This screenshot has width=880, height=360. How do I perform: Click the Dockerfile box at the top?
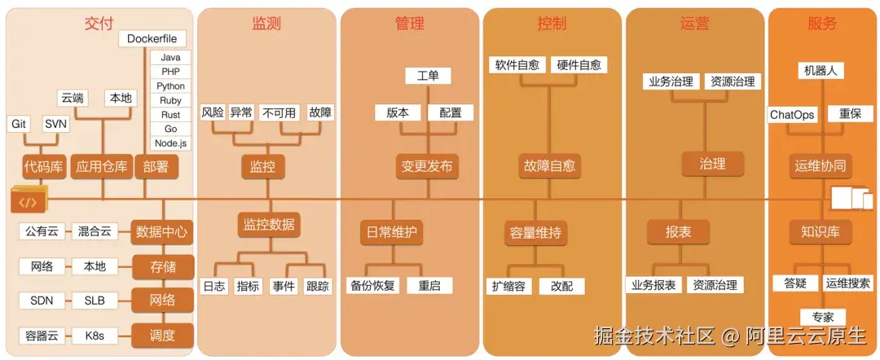(152, 39)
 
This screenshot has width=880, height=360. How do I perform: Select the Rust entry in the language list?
(171, 115)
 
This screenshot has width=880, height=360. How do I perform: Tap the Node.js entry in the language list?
(171, 143)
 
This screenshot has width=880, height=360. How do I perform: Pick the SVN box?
(56, 124)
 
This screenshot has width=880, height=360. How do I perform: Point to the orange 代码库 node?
(43, 168)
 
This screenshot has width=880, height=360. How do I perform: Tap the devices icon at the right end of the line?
(851, 199)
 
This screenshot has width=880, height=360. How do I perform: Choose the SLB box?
(95, 300)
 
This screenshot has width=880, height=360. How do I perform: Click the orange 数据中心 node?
(163, 231)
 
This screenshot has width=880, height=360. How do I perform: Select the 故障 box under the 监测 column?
(320, 113)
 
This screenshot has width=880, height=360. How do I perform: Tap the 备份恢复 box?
(373, 286)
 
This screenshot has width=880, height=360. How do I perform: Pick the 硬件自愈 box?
(579, 64)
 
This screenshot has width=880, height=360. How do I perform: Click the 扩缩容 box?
(512, 286)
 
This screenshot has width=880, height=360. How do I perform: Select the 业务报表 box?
(653, 285)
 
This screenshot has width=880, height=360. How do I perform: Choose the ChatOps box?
(793, 115)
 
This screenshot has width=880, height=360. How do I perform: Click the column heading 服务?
(822, 24)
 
